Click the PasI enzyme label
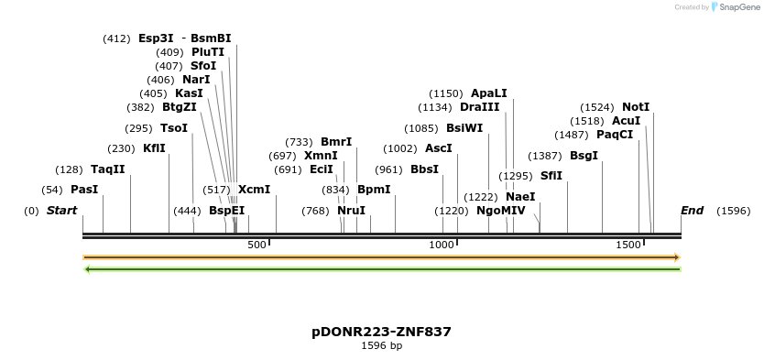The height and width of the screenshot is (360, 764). pos(84,190)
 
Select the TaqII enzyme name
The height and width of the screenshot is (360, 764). pos(107,169)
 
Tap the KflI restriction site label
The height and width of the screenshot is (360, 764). pos(154,148)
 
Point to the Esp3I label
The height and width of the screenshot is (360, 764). pos(156,38)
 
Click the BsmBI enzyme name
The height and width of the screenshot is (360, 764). pos(211,38)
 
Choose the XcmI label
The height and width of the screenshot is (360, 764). pos(254,190)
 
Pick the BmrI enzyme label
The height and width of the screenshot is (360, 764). pos(336,142)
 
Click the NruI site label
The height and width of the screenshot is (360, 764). pos(351,211)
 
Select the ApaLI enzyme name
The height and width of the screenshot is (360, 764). pos(488,93)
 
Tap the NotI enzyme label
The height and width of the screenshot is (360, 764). pos(636,107)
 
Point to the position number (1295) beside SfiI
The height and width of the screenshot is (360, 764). pos(516,176)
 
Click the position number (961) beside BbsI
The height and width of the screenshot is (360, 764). pos(388,169)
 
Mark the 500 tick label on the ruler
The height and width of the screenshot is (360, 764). pos(256,245)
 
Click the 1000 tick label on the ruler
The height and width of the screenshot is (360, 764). pos(442,245)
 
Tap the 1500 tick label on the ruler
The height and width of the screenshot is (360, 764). pos(628,245)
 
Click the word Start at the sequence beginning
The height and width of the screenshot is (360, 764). pos(61,211)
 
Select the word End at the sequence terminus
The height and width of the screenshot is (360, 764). pos(692,211)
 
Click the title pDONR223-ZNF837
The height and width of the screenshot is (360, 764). pos(381,332)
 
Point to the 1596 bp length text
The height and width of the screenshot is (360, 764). pos(381,346)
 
